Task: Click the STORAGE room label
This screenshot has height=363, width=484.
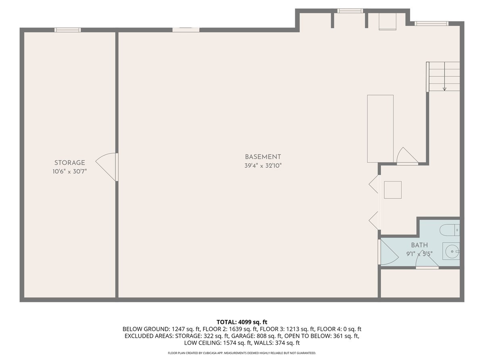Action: point(70,163)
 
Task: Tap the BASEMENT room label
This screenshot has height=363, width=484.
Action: point(263,157)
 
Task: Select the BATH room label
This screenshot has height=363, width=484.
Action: point(419,245)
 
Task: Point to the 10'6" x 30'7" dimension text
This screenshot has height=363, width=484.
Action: point(70,171)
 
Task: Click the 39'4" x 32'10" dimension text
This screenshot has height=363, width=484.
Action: point(263,165)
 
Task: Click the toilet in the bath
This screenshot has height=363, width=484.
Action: point(450,230)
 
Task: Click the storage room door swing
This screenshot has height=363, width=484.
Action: point(106,167)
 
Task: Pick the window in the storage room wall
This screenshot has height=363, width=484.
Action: point(68,30)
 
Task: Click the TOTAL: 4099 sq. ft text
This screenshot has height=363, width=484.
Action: point(242,322)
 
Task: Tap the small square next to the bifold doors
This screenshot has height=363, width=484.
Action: point(393,190)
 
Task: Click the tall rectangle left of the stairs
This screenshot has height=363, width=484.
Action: point(380,129)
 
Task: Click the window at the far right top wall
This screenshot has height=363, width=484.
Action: point(431,23)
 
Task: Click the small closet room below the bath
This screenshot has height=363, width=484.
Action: point(420,283)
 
